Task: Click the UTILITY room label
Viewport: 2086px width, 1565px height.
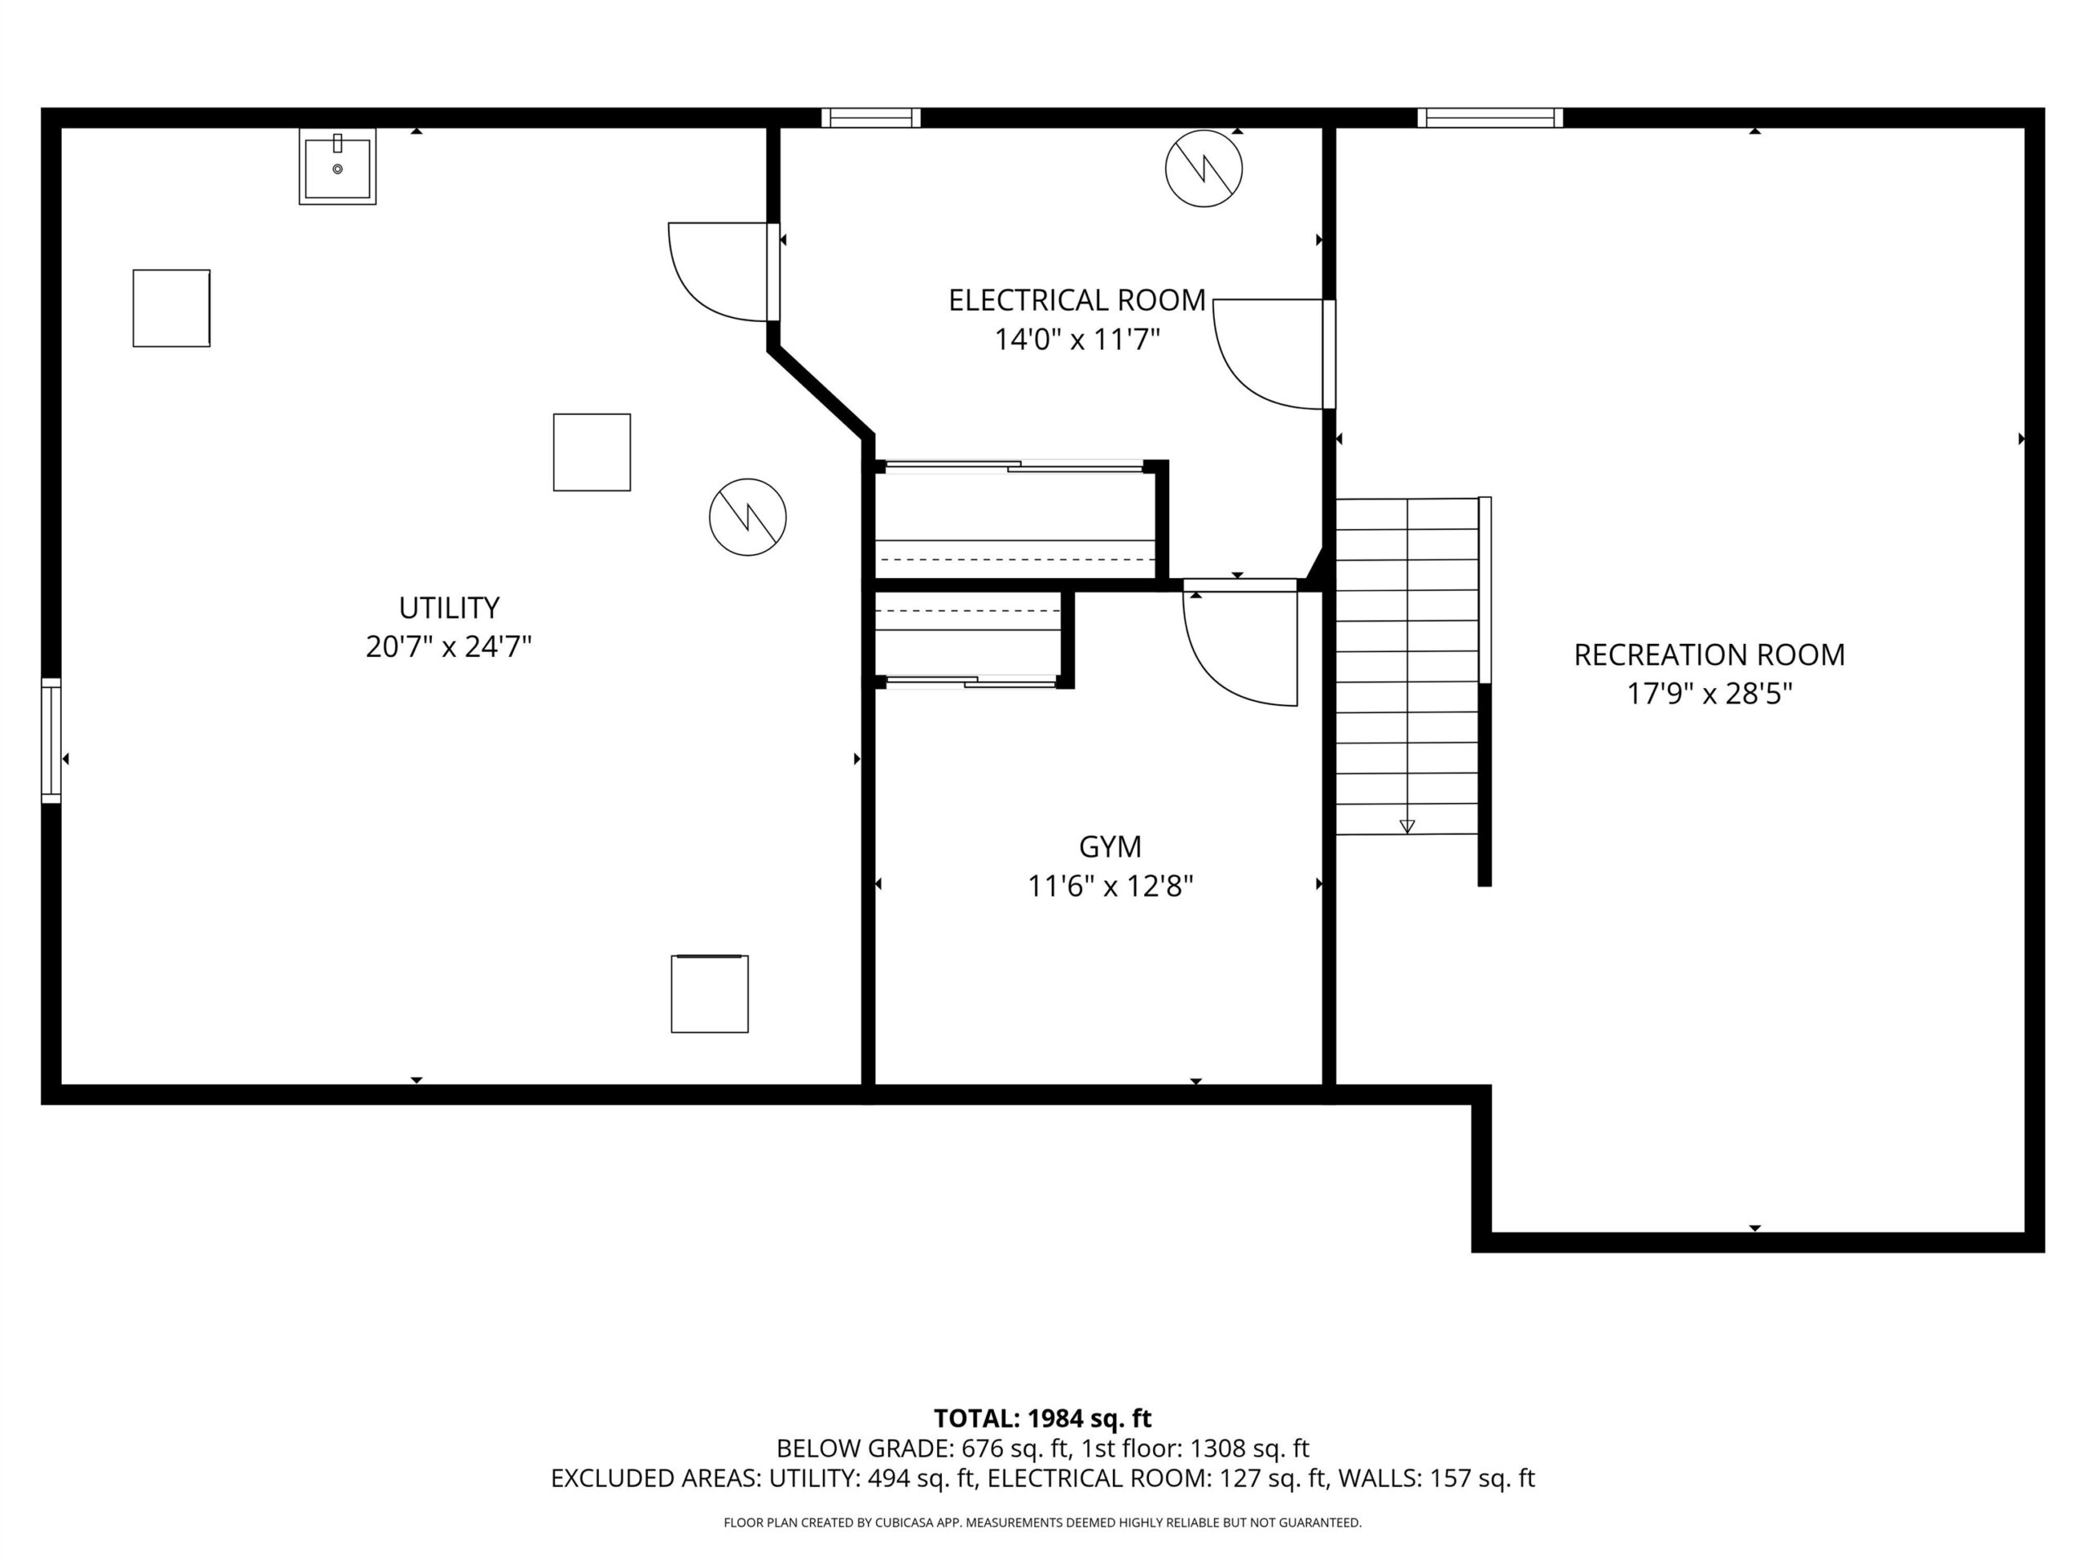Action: coord(449,607)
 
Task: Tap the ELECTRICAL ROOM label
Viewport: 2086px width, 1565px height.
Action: coord(1077,301)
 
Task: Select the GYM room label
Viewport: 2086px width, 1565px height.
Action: coord(1110,847)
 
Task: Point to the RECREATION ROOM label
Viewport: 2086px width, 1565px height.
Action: coord(1709,655)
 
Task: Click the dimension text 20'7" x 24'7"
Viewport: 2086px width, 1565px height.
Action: coord(449,647)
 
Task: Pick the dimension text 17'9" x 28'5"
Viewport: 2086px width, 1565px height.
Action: coord(1709,694)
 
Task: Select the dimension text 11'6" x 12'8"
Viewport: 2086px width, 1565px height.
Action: coord(1110,887)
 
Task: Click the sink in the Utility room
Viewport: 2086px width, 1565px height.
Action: coord(337,167)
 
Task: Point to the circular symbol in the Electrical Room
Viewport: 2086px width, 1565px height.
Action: coord(1204,169)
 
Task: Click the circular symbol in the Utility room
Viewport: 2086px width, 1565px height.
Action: coord(748,517)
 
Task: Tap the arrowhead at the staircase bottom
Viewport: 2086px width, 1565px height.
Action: coord(1407,827)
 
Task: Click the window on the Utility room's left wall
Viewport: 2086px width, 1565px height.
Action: coord(51,740)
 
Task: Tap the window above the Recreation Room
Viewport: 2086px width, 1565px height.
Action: coord(1490,118)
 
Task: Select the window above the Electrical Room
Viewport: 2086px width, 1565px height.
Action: coord(870,118)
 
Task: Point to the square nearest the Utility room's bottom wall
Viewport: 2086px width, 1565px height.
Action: coord(710,994)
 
